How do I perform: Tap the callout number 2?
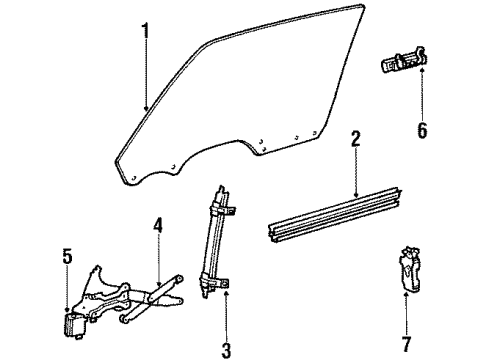click(355, 139)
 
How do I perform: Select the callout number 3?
click(224, 350)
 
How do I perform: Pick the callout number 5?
click(68, 258)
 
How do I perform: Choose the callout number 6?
click(421, 129)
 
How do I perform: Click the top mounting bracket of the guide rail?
click(225, 205)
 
